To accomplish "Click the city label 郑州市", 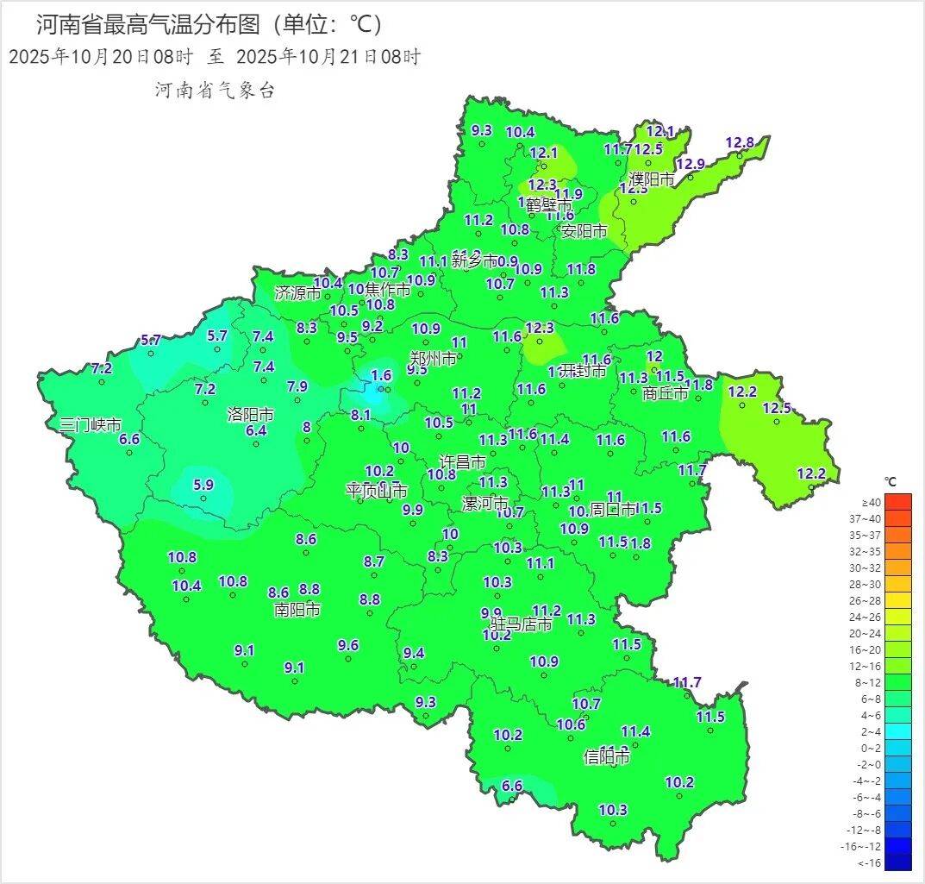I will [433, 358].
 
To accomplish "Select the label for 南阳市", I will [297, 610].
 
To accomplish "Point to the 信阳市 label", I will [606, 757].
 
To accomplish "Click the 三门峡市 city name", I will [90, 424].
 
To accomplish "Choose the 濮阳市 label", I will [652, 179].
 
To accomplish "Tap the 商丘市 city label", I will [666, 393].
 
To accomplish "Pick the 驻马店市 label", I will [521, 624].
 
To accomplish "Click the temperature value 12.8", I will [739, 142].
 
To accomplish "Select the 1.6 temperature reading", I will [381, 375].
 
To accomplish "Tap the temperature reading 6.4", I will [256, 430].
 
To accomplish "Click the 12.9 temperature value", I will [690, 164].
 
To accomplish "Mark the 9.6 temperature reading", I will [348, 645].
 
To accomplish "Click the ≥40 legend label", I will [871, 502].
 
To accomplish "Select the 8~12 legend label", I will [871, 682].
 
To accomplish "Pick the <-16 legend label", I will [871, 862].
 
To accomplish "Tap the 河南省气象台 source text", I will [215, 91].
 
